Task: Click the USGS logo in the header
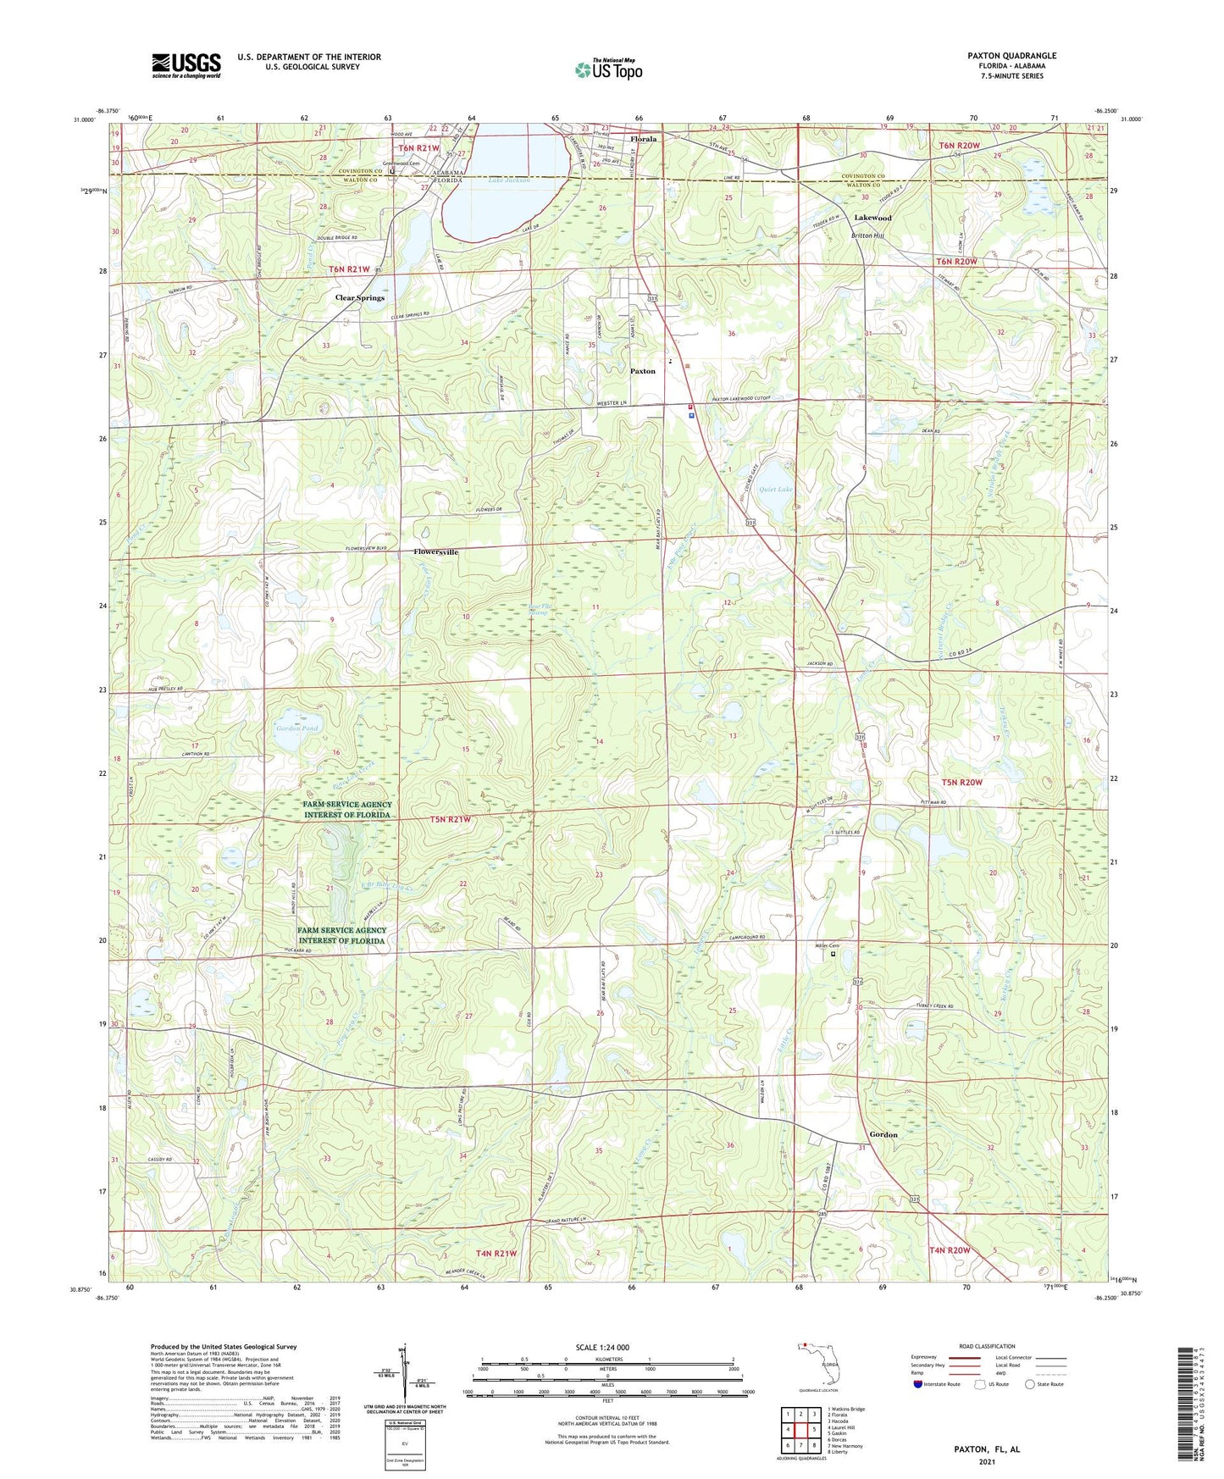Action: click(x=186, y=65)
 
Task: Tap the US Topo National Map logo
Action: click(x=608, y=69)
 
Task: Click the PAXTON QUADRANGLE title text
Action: click(x=1011, y=56)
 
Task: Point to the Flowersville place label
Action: click(x=435, y=552)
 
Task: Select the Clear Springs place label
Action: click(x=359, y=298)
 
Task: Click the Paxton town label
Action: click(x=643, y=371)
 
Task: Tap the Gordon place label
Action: click(x=883, y=1134)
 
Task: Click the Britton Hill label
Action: click(x=866, y=235)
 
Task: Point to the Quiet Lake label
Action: click(x=776, y=490)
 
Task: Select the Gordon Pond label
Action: click(x=297, y=728)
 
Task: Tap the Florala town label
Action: click(x=643, y=139)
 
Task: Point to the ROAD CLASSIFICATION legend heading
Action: click(x=987, y=1346)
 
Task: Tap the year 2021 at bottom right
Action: click(x=986, y=1461)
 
